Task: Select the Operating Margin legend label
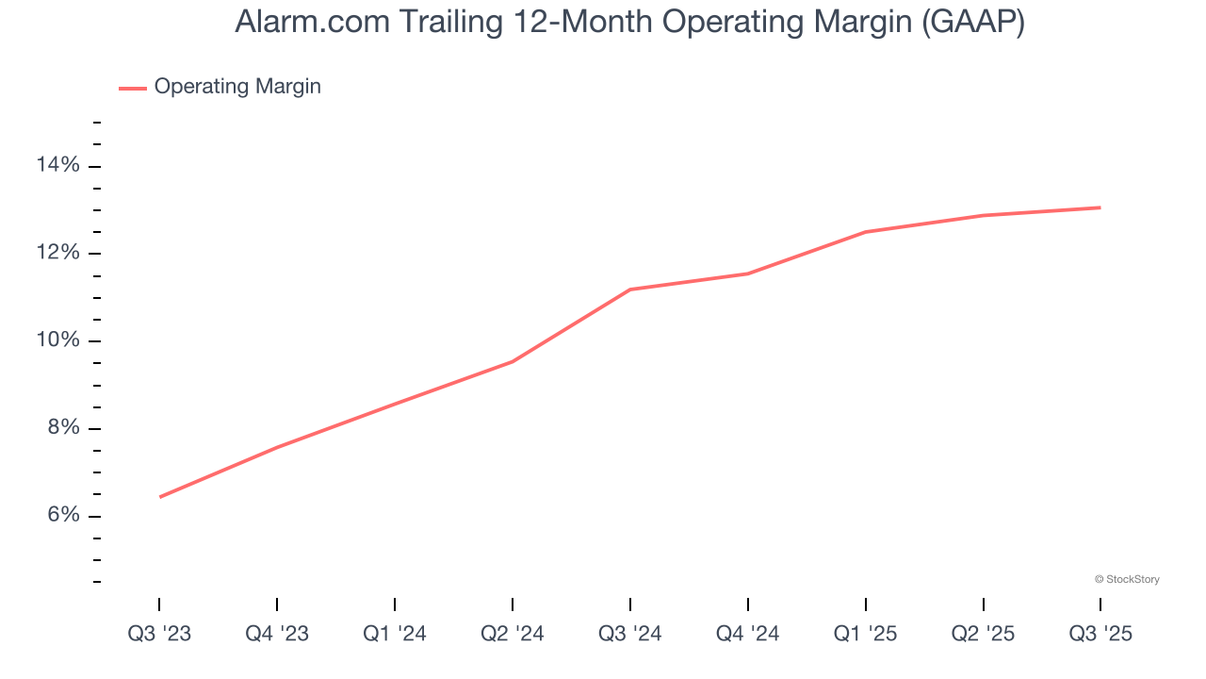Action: (x=237, y=87)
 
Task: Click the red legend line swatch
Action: (x=132, y=88)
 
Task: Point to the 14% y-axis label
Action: (x=58, y=166)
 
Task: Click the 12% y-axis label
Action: (x=58, y=253)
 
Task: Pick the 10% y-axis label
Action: (x=58, y=340)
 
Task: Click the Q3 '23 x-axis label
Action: (x=159, y=634)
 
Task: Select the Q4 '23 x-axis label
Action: (x=277, y=634)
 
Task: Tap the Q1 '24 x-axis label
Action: (x=395, y=634)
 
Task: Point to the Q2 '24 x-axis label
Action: (x=513, y=634)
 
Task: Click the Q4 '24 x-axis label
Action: (x=748, y=634)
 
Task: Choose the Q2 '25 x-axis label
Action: (x=984, y=634)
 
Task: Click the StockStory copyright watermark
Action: (x=1127, y=579)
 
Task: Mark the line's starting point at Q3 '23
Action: (x=160, y=497)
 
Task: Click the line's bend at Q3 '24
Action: (x=629, y=290)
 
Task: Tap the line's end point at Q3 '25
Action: (x=1100, y=207)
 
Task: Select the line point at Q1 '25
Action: (x=865, y=232)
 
